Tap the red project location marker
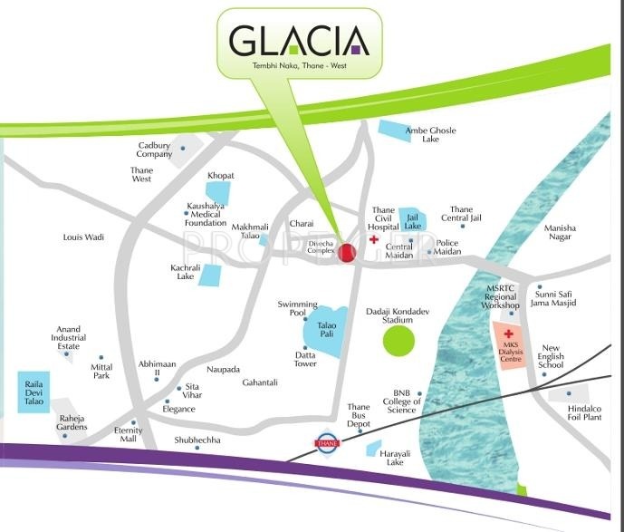pyautogui.click(x=345, y=256)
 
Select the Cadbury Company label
pyautogui.click(x=155, y=150)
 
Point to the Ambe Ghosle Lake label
pyautogui.click(x=430, y=135)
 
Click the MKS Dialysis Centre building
pyautogui.click(x=509, y=347)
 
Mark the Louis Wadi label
pyautogui.click(x=83, y=237)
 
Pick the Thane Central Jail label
pyautogui.click(x=461, y=214)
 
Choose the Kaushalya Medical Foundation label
pyautogui.click(x=206, y=213)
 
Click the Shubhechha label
pyautogui.click(x=197, y=440)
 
